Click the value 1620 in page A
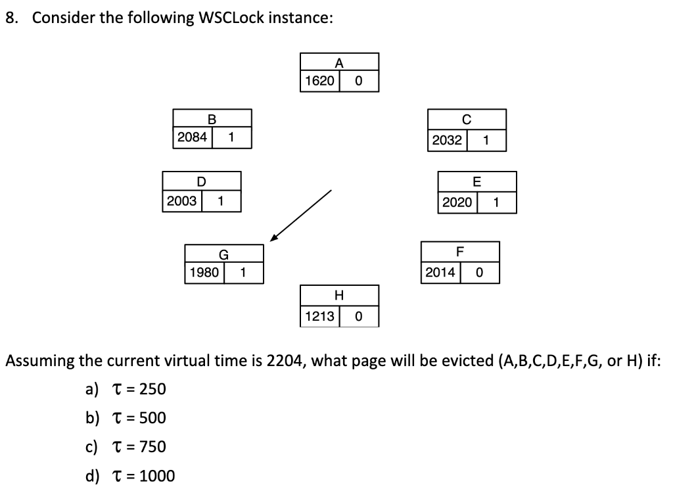319,81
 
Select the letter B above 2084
212,120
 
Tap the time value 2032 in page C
447,140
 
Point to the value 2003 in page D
181,201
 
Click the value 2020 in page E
457,202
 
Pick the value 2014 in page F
440,272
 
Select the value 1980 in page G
204,272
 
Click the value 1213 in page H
319,316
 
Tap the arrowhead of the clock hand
272,238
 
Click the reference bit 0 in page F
479,272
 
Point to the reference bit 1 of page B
231,137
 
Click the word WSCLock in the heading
233,18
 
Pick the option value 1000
156,475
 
